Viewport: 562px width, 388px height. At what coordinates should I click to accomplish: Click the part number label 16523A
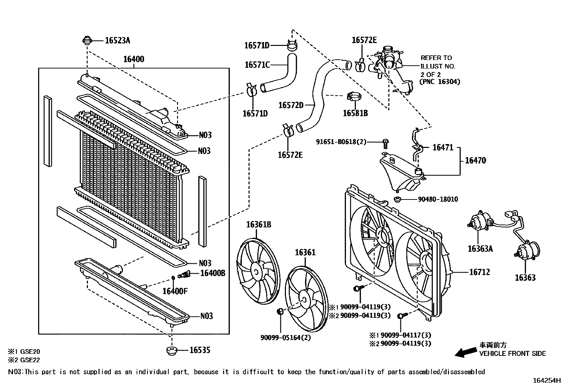pos(117,41)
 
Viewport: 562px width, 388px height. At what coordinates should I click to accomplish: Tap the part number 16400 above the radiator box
pos(133,59)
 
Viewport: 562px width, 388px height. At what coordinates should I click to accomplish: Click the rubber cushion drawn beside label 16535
pos(172,351)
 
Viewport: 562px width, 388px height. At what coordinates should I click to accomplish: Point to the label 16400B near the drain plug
pos(212,273)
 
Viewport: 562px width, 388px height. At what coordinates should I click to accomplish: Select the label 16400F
pos(175,291)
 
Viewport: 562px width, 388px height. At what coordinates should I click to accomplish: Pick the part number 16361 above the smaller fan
pos(305,252)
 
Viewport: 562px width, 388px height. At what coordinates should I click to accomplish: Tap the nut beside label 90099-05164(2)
pos(280,312)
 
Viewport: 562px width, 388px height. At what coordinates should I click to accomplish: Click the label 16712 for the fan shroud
pos(479,272)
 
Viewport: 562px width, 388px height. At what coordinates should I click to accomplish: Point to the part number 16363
pos(525,277)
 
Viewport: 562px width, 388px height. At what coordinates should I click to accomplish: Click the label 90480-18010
pos(438,199)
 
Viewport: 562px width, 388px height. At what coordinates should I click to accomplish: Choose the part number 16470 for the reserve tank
pos(475,161)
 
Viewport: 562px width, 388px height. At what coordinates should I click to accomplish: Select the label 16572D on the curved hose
pos(291,105)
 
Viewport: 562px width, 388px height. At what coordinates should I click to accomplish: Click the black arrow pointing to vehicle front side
pos(465,352)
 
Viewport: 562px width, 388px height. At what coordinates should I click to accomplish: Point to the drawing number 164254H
pos(546,381)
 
